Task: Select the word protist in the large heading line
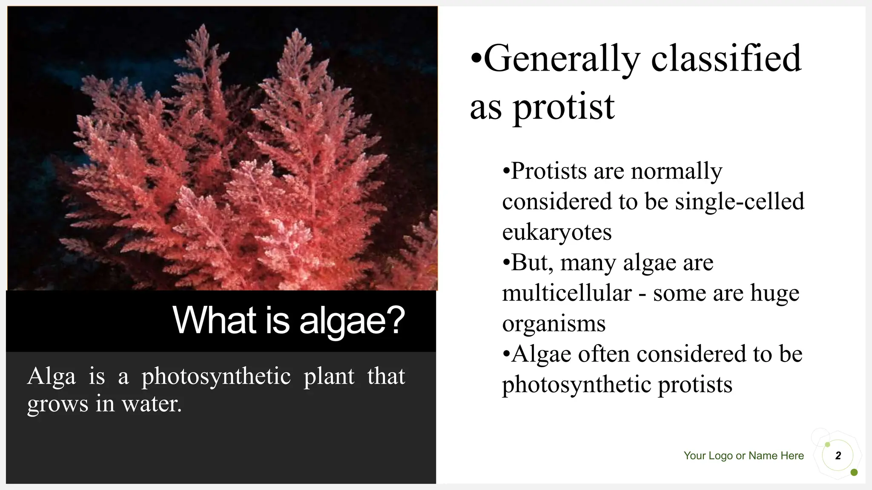click(x=564, y=107)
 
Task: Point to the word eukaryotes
click(x=557, y=233)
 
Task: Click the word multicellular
click(x=567, y=293)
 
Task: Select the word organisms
click(x=554, y=324)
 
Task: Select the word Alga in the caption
click(x=52, y=376)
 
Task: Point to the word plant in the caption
click(x=329, y=376)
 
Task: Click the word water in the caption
click(x=151, y=404)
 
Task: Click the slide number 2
click(x=838, y=456)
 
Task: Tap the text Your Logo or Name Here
click(x=743, y=456)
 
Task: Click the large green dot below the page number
click(x=854, y=473)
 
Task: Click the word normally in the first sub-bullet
click(x=677, y=171)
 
